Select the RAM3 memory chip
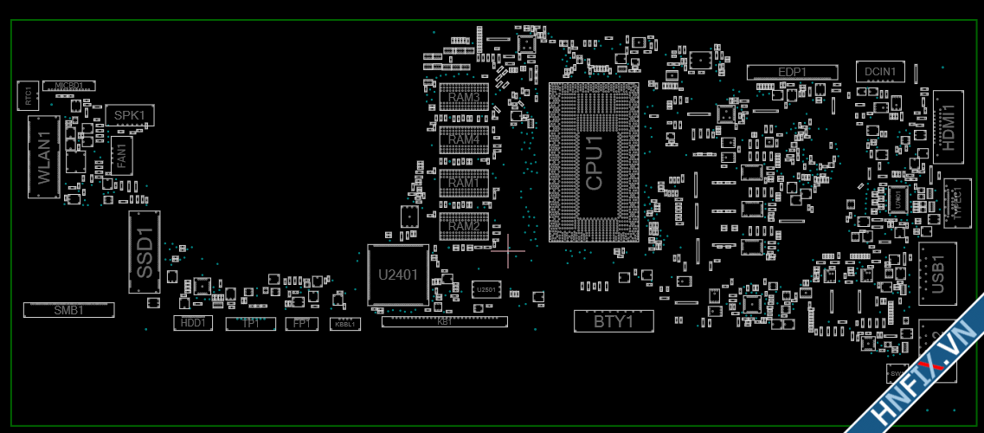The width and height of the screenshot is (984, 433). click(x=464, y=97)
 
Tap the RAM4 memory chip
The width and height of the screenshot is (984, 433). click(x=464, y=139)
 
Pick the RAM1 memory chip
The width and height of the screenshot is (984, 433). click(x=464, y=183)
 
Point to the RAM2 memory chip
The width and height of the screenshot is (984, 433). click(x=464, y=225)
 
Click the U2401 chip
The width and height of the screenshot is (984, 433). click(x=398, y=275)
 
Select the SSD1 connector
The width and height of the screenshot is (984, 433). click(x=145, y=252)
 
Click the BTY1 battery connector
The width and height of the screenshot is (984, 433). click(x=614, y=321)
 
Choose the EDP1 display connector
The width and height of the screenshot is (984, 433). click(x=793, y=72)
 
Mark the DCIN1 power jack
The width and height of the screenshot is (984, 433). click(x=881, y=71)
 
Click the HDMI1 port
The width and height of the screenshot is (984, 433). click(x=949, y=126)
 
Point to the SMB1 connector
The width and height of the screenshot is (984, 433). click(x=68, y=309)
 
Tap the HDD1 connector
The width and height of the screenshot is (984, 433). click(x=191, y=323)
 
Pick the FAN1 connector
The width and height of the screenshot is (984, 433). click(x=121, y=156)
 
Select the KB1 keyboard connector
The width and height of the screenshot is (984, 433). click(x=444, y=321)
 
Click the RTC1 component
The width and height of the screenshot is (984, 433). click(x=28, y=95)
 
